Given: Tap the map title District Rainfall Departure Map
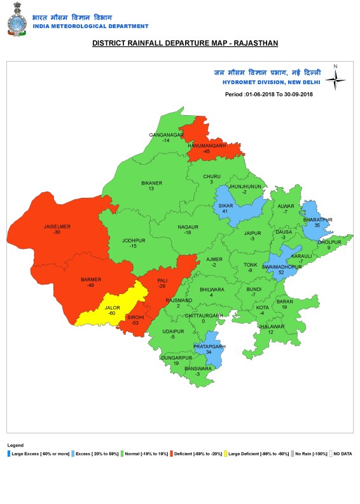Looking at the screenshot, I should (x=185, y=43).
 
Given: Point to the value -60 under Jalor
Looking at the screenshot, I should (x=112, y=313).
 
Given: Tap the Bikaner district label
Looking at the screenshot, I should (x=151, y=183).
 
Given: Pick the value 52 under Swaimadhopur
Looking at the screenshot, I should (x=281, y=272).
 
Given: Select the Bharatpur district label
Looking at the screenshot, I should (x=317, y=220).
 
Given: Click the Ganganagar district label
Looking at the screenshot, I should (x=166, y=135).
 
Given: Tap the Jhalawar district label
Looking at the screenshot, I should (x=270, y=326).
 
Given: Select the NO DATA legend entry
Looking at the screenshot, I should (x=340, y=454).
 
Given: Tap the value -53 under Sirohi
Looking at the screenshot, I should (x=135, y=323).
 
